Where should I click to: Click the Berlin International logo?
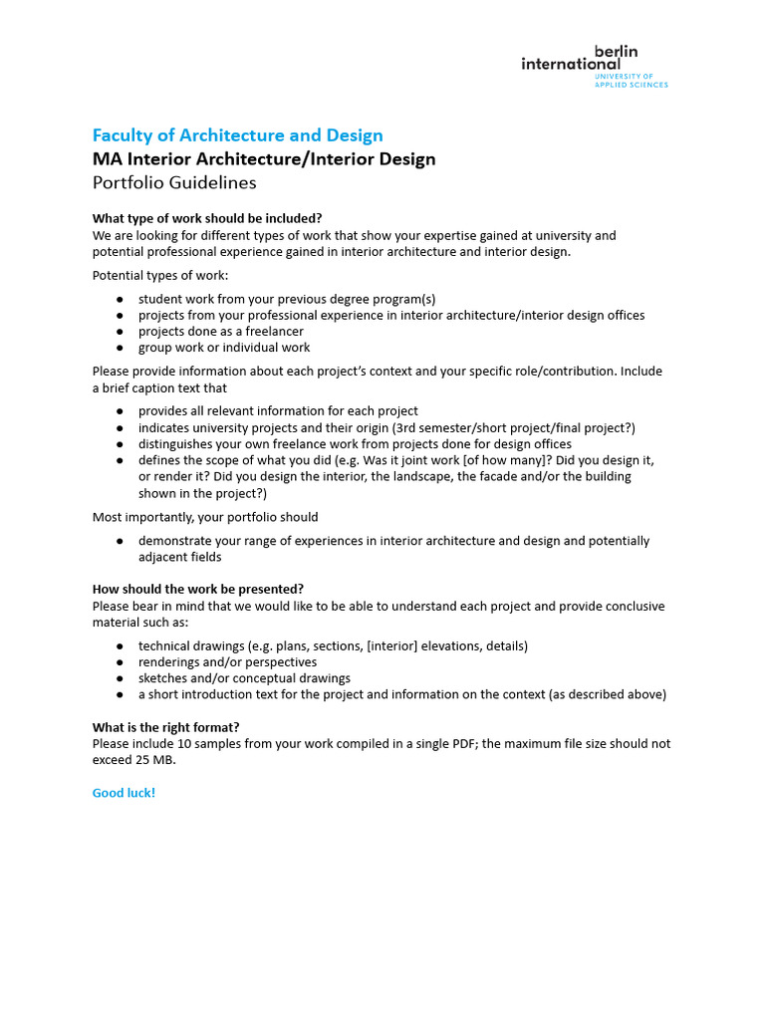coord(594,65)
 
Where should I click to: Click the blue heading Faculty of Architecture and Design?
coord(237,135)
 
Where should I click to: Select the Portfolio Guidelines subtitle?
coord(174,182)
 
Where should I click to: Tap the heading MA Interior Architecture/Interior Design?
coord(264,159)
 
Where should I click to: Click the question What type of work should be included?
coord(207,218)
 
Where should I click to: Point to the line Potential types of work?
coord(160,275)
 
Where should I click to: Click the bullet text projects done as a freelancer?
coord(221,331)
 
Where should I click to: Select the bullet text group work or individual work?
coord(224,348)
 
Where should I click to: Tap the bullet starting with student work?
coord(287,299)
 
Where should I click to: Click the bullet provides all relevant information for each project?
coord(278,410)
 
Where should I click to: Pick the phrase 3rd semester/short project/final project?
coord(518,427)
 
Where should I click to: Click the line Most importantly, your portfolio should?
coord(205,517)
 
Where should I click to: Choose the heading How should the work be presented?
coord(198,589)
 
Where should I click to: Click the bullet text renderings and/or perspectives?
coord(227,661)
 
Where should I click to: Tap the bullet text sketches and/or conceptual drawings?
coord(244,678)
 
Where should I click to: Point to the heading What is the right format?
coord(165,726)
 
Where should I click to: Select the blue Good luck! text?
coord(124,793)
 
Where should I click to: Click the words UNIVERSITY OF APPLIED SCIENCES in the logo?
coord(632,80)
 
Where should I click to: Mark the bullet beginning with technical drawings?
coord(333,645)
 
